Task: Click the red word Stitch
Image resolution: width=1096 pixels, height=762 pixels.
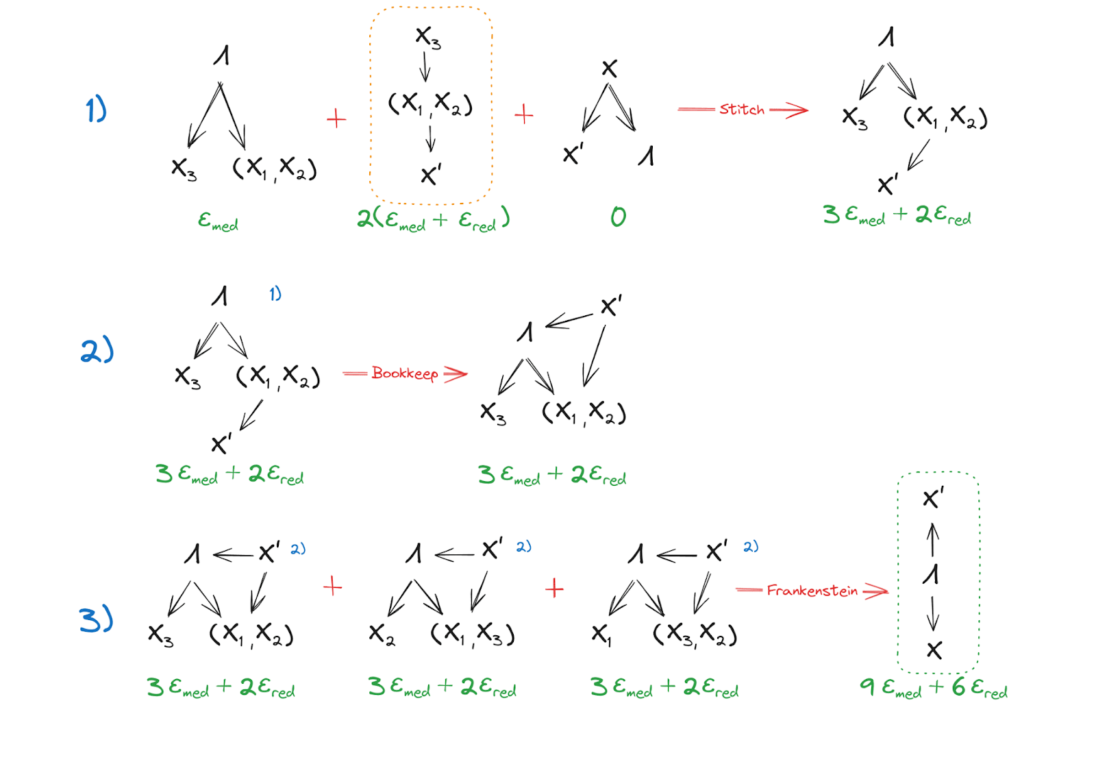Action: click(x=741, y=110)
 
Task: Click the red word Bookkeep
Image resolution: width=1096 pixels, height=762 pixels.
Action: click(x=404, y=373)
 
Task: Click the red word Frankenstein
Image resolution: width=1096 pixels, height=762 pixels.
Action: click(x=812, y=591)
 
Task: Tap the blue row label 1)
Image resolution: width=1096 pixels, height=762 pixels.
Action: click(x=96, y=110)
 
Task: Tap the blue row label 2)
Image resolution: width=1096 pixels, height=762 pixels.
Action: click(x=97, y=350)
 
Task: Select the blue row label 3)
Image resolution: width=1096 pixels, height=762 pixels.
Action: click(x=96, y=619)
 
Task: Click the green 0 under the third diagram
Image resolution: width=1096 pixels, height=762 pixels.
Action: click(x=618, y=217)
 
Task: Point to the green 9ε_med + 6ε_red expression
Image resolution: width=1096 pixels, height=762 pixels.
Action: click(x=933, y=687)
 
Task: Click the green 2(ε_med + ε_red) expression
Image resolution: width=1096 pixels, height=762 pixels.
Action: click(x=433, y=219)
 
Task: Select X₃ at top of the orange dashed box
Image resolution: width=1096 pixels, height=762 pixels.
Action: click(x=428, y=37)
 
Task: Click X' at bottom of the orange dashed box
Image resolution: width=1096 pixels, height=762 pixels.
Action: click(x=431, y=175)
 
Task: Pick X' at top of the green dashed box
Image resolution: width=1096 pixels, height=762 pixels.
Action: click(x=933, y=497)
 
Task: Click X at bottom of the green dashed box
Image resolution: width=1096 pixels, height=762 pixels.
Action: click(x=934, y=650)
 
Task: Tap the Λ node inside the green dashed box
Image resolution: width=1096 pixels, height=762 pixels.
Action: click(x=931, y=574)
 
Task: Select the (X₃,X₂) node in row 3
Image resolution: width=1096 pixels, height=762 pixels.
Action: click(x=695, y=635)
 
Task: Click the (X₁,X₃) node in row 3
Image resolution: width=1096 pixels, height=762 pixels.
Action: click(x=473, y=635)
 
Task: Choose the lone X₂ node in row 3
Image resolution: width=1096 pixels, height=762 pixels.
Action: click(x=382, y=635)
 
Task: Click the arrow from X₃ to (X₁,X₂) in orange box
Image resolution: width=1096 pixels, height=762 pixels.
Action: click(x=425, y=67)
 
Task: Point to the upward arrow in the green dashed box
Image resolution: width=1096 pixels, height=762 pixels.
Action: click(x=933, y=540)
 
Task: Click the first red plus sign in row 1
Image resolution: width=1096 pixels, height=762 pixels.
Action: click(x=336, y=119)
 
